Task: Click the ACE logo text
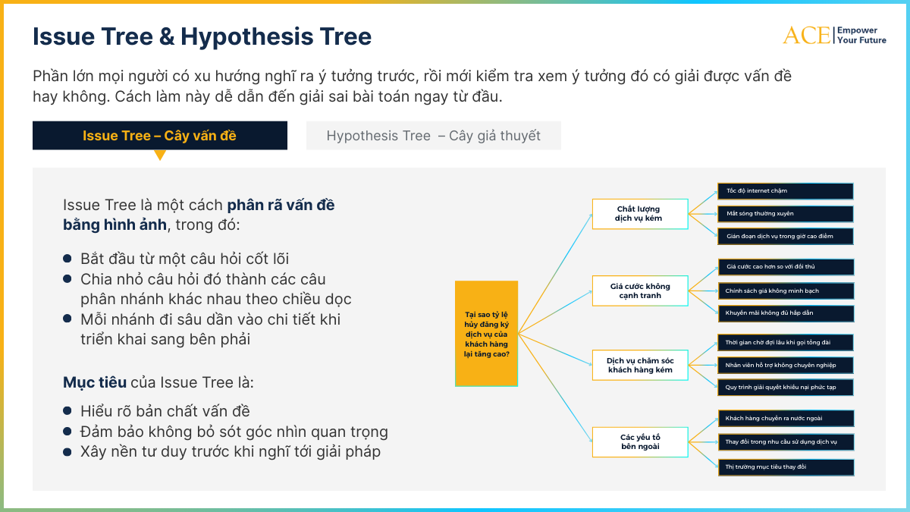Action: click(806, 35)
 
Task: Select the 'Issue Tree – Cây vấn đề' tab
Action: click(160, 136)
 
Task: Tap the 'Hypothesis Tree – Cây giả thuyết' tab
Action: click(434, 136)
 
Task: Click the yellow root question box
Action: click(487, 333)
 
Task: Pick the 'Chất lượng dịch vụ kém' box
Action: click(639, 214)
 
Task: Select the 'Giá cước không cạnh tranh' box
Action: click(639, 291)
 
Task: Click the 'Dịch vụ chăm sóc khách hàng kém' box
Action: click(639, 365)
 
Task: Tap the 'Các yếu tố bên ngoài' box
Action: click(639, 441)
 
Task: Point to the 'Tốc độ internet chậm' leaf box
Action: click(786, 191)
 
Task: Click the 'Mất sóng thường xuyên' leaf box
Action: click(786, 214)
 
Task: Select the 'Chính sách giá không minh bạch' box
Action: click(786, 291)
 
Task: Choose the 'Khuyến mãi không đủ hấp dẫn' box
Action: click(786, 313)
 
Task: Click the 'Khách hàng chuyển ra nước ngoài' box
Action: click(786, 418)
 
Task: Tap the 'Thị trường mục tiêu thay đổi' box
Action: click(786, 467)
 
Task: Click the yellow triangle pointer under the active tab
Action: click(160, 155)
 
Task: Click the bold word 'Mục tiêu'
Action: click(95, 382)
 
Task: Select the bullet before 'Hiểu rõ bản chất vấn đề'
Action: click(67, 412)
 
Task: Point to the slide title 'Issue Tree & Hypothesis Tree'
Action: click(202, 36)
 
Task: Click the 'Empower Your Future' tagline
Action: click(861, 35)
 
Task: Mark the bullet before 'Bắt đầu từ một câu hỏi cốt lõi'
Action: click(67, 259)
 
